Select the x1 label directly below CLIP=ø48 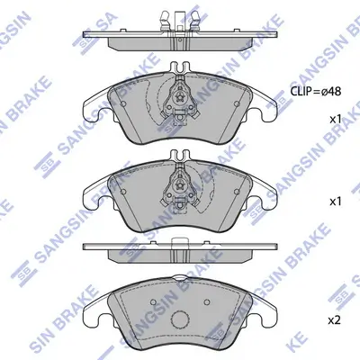pos(335,119)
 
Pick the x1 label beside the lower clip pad pos(335,201)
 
